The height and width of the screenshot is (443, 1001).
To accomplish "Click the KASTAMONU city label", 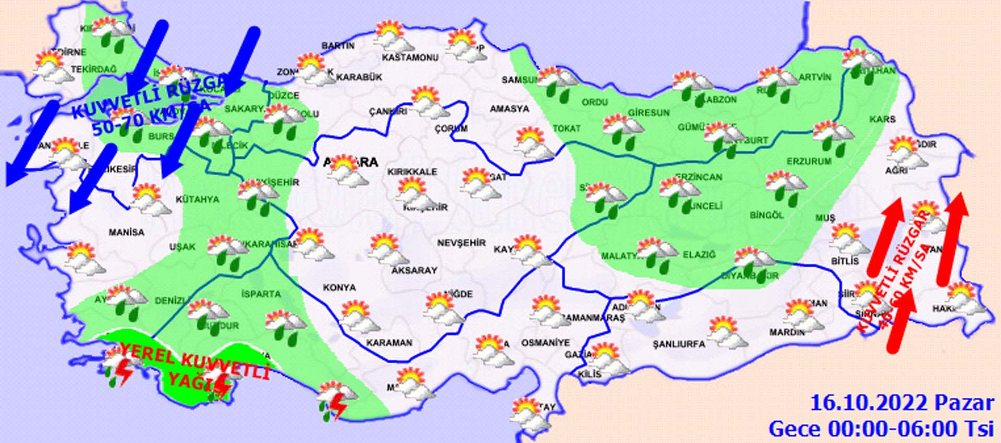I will [x=410, y=57].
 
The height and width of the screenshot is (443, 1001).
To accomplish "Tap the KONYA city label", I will [x=339, y=288].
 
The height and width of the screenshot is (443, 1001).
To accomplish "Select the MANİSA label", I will [x=127, y=232].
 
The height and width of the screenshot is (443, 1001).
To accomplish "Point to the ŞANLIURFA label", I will [x=679, y=344].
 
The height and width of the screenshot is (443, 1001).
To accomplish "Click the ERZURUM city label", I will [x=809, y=162].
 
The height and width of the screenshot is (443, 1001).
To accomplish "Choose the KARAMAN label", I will [x=389, y=343].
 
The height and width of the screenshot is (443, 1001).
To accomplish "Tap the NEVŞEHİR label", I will [x=461, y=243].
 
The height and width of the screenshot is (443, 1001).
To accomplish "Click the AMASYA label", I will [x=509, y=109].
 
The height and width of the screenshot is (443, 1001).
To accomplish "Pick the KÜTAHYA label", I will [x=198, y=199].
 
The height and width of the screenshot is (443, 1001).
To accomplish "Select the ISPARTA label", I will [x=261, y=294].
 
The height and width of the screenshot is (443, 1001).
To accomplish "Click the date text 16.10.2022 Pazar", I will [x=902, y=403].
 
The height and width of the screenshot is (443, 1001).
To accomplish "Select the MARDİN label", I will [x=787, y=332].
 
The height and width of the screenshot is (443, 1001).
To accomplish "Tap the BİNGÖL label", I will [x=766, y=215].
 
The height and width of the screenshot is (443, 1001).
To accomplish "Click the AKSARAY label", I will [x=414, y=270].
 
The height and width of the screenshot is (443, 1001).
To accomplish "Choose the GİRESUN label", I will [x=649, y=113].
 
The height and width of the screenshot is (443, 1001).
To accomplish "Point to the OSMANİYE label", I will [x=545, y=343].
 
